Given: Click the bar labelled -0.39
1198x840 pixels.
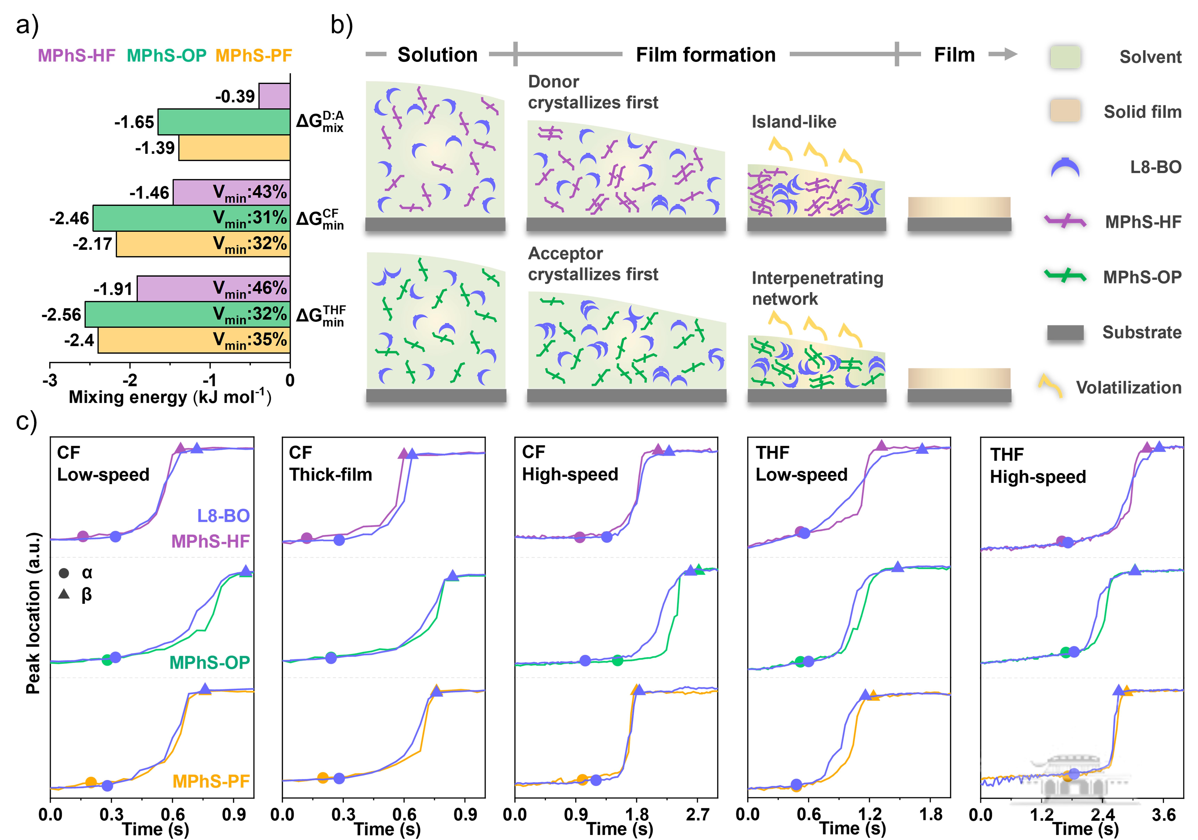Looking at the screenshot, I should [x=275, y=96].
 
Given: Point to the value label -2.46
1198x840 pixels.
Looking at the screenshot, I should [x=69, y=218].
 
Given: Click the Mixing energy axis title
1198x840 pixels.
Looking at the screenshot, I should [x=170, y=398].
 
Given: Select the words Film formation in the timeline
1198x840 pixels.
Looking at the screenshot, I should [x=705, y=55].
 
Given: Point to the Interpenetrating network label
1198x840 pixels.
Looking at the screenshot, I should [x=817, y=288].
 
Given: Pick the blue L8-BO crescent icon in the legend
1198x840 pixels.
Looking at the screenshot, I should [x=1065, y=168].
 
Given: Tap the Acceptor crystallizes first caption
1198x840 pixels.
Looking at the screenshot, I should [x=593, y=264].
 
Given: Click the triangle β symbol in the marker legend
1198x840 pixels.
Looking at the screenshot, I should [x=64, y=594].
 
